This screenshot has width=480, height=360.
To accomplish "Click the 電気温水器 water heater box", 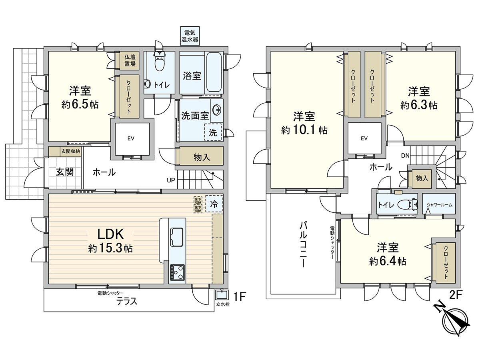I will click(x=189, y=36).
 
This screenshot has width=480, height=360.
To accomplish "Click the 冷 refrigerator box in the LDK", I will click(x=214, y=204).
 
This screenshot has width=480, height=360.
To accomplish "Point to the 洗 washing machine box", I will click(x=214, y=133).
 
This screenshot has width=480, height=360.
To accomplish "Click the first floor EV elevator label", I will click(x=130, y=139).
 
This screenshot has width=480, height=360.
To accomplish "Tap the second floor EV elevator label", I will click(x=364, y=138).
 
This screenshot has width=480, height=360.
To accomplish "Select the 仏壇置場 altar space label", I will click(x=130, y=60).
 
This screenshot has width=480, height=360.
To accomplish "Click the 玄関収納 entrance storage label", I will click(x=70, y=151).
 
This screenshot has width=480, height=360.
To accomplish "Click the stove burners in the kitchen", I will click(x=177, y=272).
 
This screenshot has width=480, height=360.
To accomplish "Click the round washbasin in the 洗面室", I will click(x=217, y=109).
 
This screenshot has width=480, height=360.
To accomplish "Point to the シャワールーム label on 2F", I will click(x=439, y=205).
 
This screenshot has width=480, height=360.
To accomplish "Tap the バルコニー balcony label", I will click(x=303, y=245).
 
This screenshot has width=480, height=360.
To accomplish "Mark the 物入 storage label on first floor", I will click(x=202, y=157).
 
